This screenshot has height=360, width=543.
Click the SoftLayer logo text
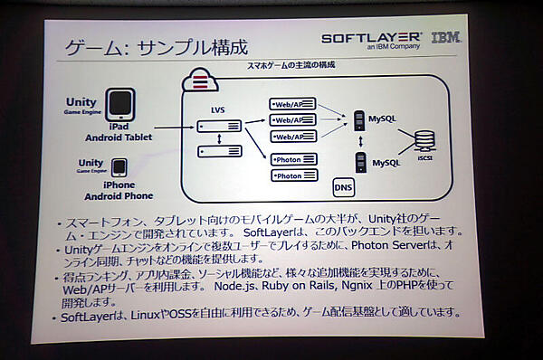(372, 38)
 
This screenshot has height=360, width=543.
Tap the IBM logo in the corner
(445, 38)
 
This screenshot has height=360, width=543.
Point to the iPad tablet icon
(122, 107)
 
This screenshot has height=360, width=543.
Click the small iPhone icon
(119, 168)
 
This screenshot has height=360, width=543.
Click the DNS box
(343, 188)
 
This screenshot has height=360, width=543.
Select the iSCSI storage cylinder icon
(424, 143)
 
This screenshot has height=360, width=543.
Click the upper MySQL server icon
(359, 119)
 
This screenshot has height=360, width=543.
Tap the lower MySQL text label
(386, 163)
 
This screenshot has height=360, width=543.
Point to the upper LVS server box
(221, 126)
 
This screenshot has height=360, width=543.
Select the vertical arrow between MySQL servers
(360, 142)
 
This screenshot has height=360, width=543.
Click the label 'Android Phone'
(119, 195)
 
